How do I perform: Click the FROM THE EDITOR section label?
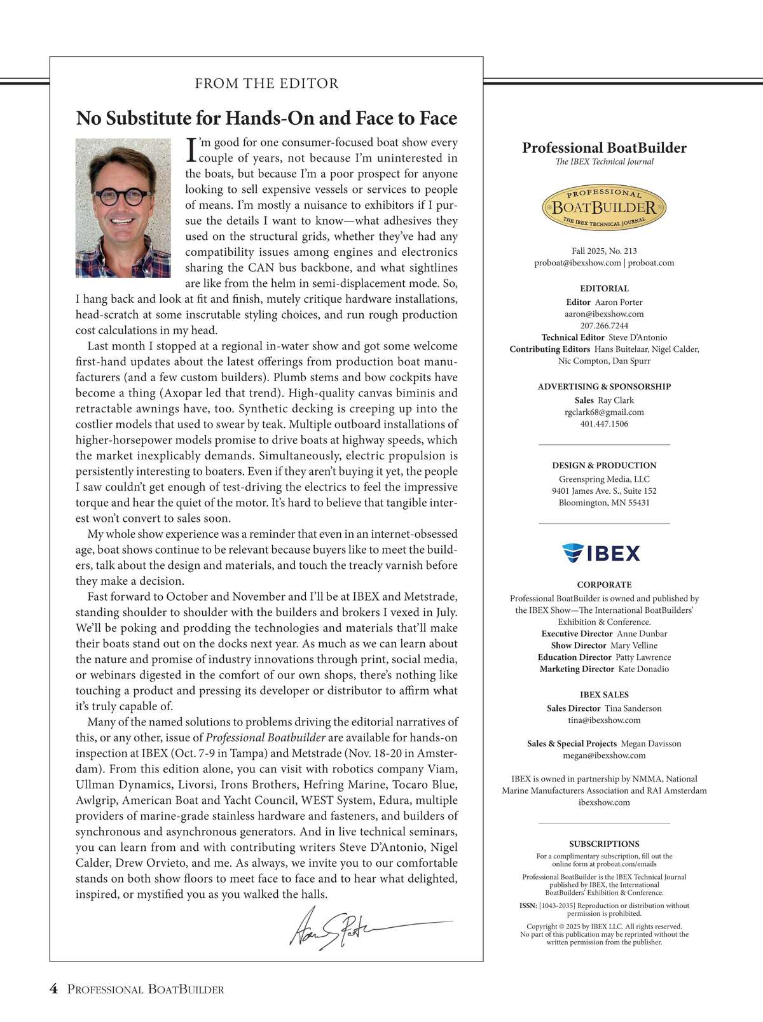point(266,83)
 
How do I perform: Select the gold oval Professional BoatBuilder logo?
point(603,208)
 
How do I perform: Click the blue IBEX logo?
point(601,553)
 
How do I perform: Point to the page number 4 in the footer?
point(54,989)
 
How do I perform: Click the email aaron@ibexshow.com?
point(604,314)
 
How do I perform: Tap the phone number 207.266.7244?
point(604,326)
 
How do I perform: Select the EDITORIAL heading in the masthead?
point(604,288)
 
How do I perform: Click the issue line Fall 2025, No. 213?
point(604,251)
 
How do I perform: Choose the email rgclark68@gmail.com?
point(604,412)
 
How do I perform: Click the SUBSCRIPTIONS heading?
point(604,844)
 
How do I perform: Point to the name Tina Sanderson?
point(633,708)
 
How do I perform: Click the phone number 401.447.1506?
point(604,424)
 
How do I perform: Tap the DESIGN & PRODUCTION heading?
point(604,465)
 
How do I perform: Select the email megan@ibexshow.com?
point(604,755)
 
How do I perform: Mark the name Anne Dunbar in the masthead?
point(642,634)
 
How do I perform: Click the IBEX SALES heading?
point(604,695)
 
